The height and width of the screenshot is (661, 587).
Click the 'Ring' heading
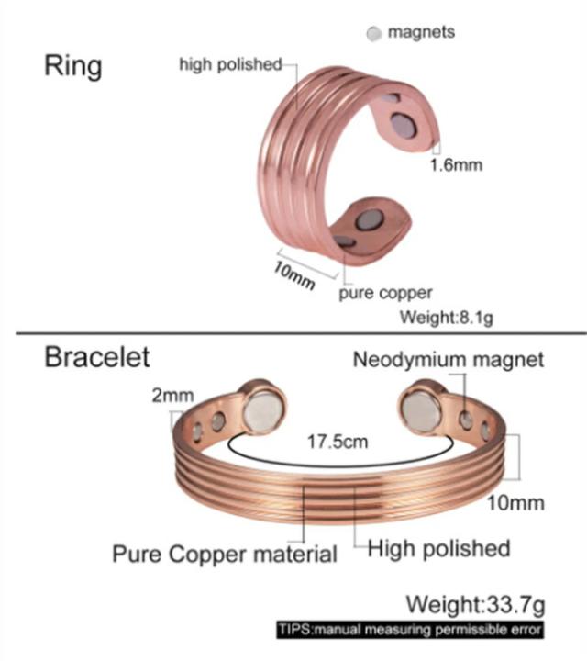click(73, 66)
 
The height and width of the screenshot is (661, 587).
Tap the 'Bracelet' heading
click(97, 356)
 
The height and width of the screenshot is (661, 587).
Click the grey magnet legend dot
click(373, 34)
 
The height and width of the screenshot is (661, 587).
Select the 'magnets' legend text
click(421, 32)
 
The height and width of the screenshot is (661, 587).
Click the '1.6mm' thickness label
click(456, 165)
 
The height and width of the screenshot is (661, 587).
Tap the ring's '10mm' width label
click(294, 274)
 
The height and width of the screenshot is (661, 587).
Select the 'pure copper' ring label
click(385, 293)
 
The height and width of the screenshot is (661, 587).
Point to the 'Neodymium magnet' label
click(448, 359)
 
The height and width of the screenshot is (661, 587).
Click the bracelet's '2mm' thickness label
click(172, 396)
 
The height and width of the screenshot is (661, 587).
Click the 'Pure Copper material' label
click(225, 555)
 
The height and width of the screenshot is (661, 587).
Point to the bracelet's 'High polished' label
click(439, 549)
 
